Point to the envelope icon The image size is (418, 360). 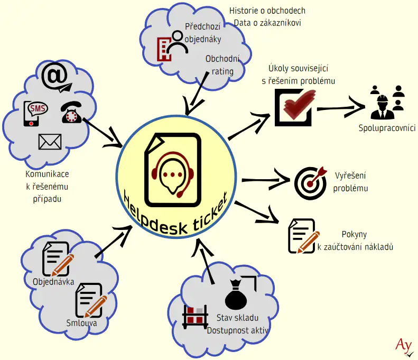[x=50, y=142]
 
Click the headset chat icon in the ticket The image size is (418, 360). [x=172, y=173]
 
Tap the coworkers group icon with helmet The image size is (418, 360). [x=386, y=101]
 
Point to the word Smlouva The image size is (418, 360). [x=82, y=322]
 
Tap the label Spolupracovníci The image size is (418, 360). [x=387, y=128]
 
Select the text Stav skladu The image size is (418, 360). [x=237, y=318]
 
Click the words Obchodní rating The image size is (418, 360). [x=222, y=65]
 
